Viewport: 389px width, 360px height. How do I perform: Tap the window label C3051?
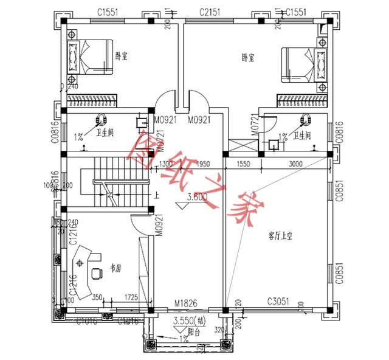click(x=281, y=301)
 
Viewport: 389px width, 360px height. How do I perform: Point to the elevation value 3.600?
click(x=198, y=197)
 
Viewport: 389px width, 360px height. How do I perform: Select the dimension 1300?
click(x=167, y=164)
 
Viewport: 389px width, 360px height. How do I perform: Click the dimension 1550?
click(x=243, y=164)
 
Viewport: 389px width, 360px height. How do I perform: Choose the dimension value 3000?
click(x=296, y=164)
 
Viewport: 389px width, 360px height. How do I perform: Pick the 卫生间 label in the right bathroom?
click(x=302, y=135)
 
